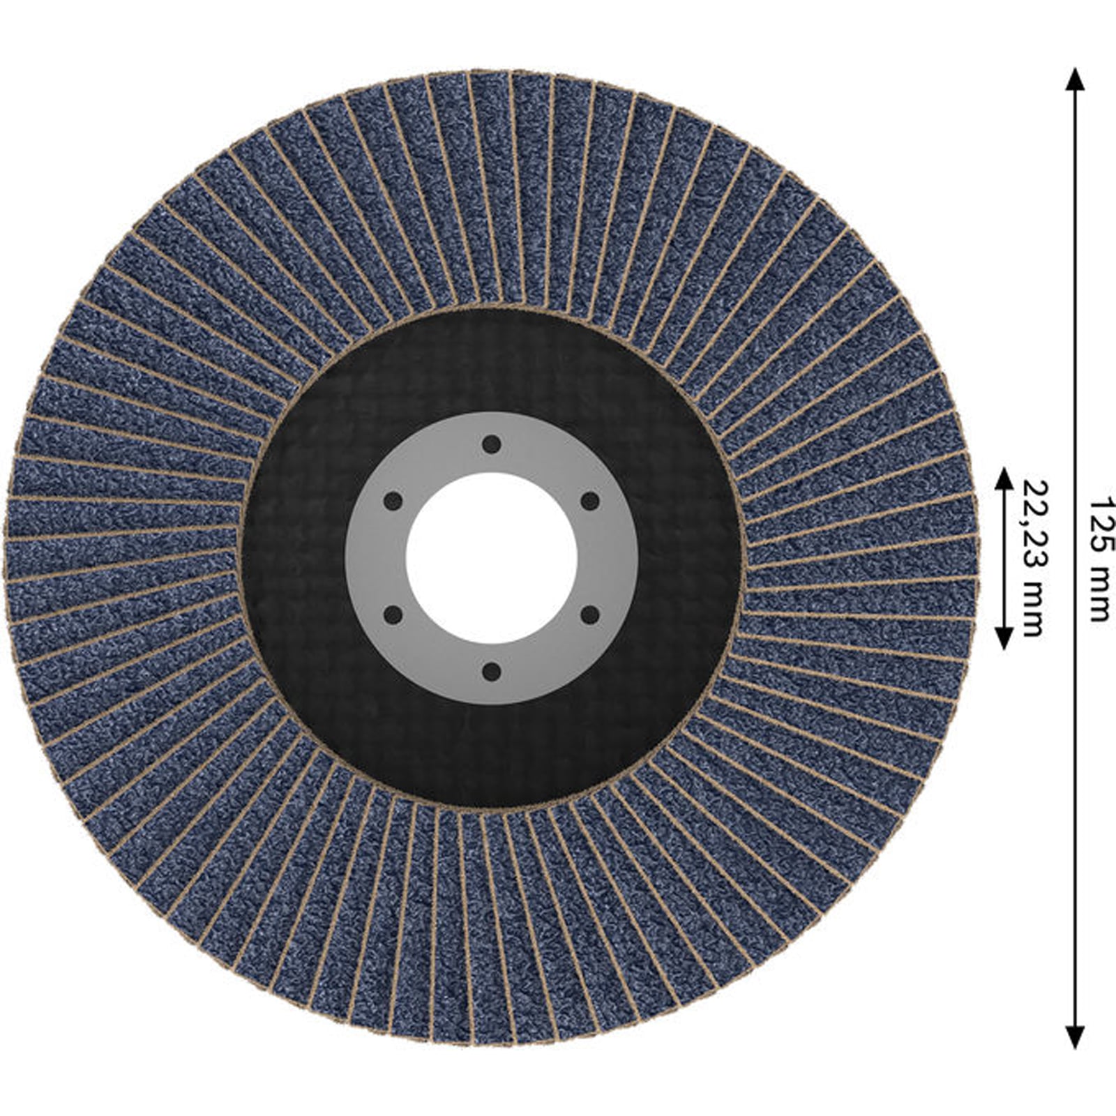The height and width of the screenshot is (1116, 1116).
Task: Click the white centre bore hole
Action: point(492,558)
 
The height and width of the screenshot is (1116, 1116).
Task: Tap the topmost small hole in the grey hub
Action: point(492,444)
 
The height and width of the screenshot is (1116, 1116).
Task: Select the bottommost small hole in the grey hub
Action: point(492,672)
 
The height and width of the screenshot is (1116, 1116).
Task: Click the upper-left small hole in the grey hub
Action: point(393,501)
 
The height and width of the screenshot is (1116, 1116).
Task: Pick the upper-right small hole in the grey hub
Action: point(590,501)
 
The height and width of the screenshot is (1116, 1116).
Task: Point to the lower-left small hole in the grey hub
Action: point(393,615)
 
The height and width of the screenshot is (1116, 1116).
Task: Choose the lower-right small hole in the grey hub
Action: point(590,615)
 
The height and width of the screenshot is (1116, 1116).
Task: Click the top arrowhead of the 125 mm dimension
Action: point(1075,80)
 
